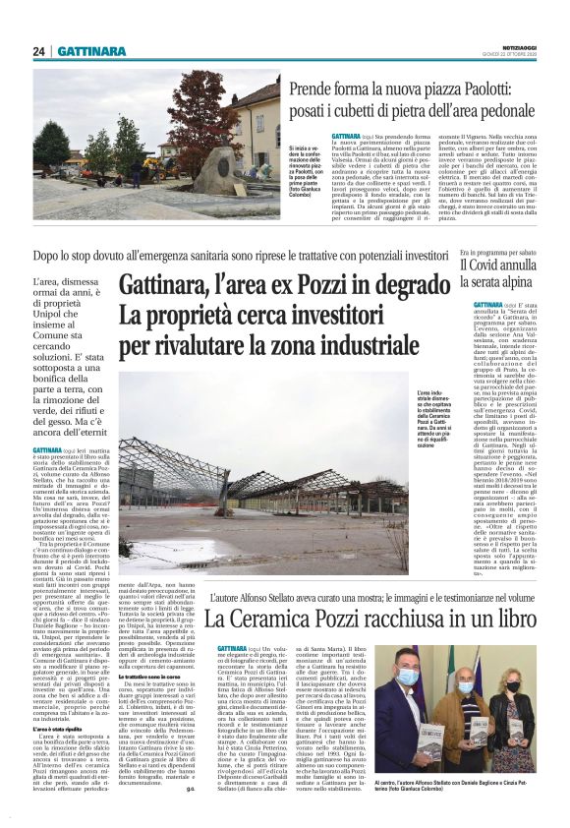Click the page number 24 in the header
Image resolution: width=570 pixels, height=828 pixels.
click(x=39, y=51)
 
